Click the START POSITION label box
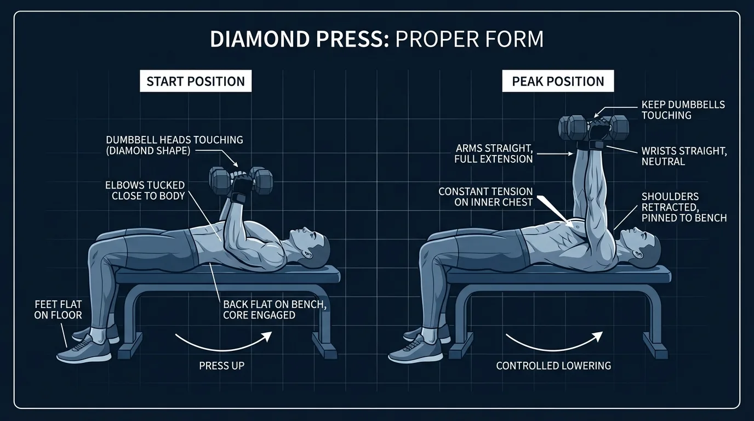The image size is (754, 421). click(x=196, y=81)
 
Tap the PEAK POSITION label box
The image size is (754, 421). click(x=558, y=81)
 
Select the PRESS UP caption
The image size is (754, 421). click(x=221, y=365)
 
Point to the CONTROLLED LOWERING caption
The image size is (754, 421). click(x=553, y=365)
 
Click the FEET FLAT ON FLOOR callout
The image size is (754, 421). click(x=58, y=309)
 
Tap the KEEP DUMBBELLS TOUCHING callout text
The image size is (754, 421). click(x=683, y=110)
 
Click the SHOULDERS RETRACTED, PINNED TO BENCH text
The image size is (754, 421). click(x=684, y=207)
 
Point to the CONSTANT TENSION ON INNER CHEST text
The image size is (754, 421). click(x=485, y=196)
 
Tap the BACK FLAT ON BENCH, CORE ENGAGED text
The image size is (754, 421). click(x=275, y=310)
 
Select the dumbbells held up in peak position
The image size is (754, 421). click(x=593, y=127)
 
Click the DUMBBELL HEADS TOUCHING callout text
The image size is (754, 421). click(x=174, y=145)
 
